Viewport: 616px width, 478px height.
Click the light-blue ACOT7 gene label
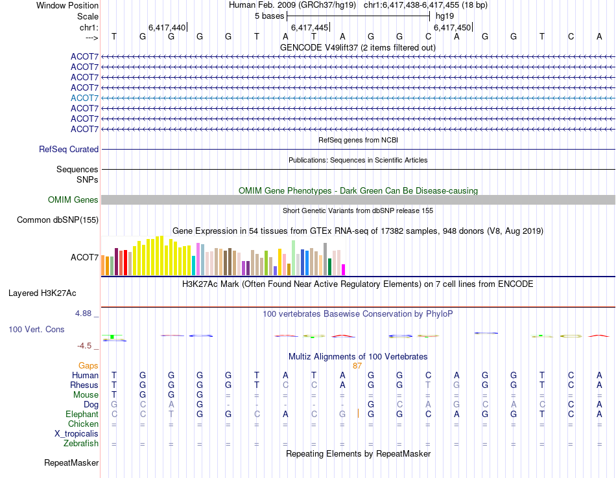tap(84, 98)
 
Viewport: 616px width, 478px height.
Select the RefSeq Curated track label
tap(69, 149)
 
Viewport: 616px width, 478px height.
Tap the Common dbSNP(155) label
tap(58, 220)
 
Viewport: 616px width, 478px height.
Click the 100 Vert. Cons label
tap(36, 329)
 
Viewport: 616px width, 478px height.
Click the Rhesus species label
tap(84, 385)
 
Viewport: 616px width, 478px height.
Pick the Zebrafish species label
tap(81, 443)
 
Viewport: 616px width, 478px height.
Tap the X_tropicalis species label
tap(77, 433)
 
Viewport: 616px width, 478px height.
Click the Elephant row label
tap(82, 414)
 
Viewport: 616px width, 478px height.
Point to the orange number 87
tap(357, 366)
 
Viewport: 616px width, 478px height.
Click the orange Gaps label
tap(88, 366)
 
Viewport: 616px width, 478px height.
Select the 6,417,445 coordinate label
tap(309, 27)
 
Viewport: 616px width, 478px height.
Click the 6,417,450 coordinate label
tap(452, 27)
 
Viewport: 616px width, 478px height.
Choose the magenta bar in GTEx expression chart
tap(344, 269)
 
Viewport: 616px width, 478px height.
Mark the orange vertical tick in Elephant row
tap(358, 414)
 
